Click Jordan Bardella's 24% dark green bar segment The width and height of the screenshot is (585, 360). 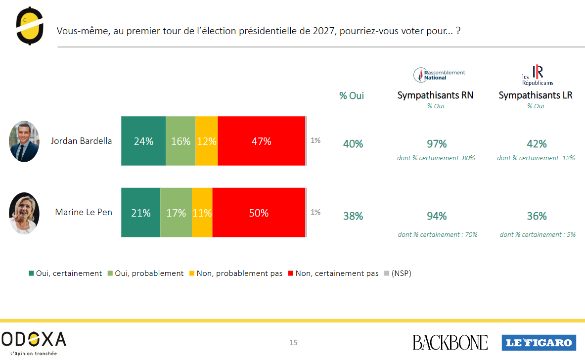[143, 141]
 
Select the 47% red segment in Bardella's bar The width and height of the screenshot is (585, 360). [261, 141]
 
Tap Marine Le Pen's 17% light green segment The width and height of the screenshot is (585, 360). [176, 213]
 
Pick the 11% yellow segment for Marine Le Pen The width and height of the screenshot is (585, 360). [202, 213]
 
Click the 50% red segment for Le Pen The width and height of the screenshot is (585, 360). [259, 213]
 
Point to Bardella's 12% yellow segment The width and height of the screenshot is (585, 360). [207, 141]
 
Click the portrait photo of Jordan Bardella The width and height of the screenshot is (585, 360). [24, 141]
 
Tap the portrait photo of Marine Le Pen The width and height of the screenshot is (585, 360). [24, 213]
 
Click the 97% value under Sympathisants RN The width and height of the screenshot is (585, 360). [437, 144]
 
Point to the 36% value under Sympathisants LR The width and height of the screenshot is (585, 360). [537, 216]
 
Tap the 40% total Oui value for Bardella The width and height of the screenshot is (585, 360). [353, 144]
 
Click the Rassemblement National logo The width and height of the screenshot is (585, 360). [439, 75]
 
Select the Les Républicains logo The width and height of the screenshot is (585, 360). [538, 76]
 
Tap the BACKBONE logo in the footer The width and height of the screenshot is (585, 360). [450, 342]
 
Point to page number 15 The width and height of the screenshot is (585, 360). [293, 343]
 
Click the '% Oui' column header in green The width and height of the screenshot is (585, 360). [352, 96]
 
